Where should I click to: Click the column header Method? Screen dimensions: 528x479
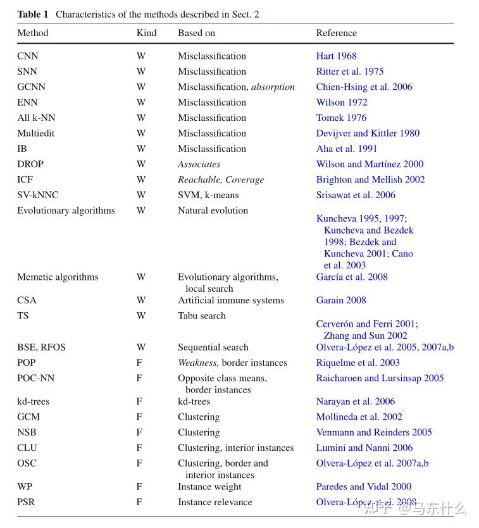(x=32, y=33)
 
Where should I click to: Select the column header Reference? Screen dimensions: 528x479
(x=336, y=33)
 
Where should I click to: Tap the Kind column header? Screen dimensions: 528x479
(x=146, y=33)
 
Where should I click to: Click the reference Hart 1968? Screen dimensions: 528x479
(x=336, y=56)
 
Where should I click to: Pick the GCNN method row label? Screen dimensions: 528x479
(x=31, y=87)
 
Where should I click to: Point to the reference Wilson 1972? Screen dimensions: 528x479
(x=342, y=103)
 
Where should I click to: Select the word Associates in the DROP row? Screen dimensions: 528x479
(x=199, y=165)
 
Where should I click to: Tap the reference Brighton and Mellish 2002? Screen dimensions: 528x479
(x=370, y=180)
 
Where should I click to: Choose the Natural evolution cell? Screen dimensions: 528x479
(x=213, y=211)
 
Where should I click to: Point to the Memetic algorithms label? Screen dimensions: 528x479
(x=58, y=277)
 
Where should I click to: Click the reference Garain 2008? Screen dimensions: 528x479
(x=341, y=301)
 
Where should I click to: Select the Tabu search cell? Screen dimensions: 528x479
(x=201, y=316)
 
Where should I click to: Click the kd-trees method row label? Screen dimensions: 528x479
(x=33, y=402)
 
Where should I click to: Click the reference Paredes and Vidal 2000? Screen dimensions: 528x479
(x=363, y=487)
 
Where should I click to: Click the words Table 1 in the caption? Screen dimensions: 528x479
(x=33, y=14)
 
